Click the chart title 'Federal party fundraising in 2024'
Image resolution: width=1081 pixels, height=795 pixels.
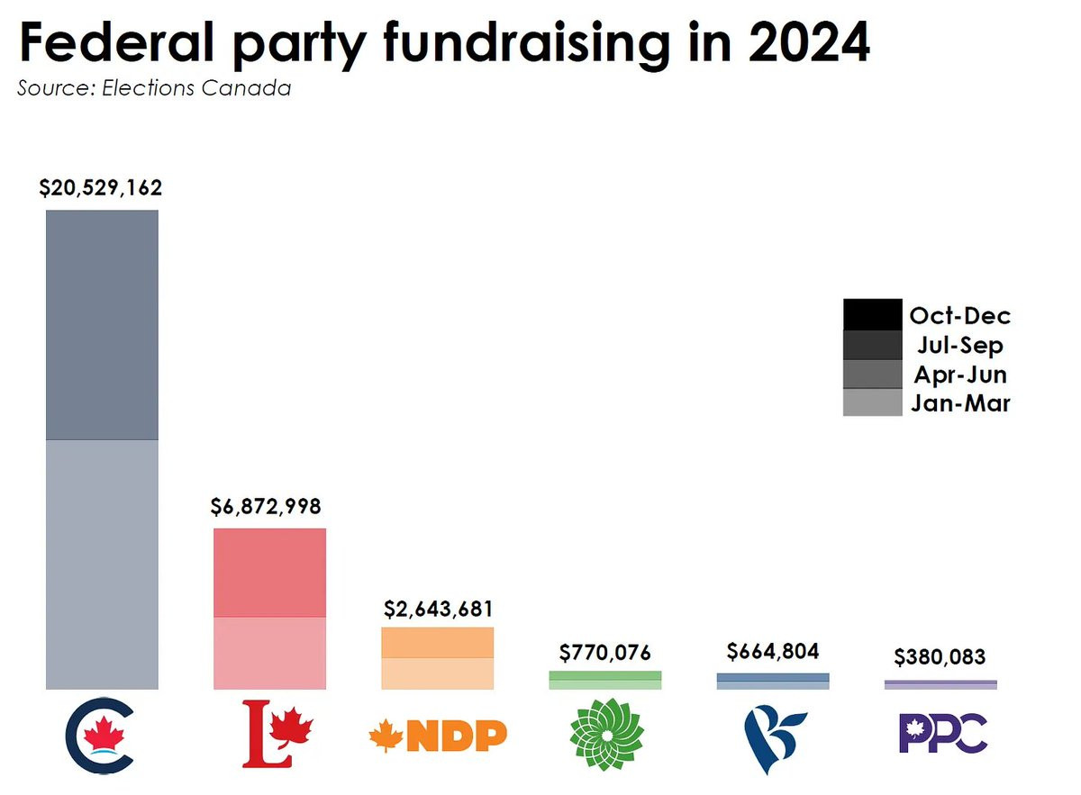pos(444,43)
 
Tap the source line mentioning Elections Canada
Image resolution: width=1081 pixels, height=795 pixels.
pos(154,89)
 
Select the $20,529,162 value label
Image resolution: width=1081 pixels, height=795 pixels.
pos(101,188)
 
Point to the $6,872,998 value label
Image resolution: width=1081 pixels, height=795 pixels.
pos(266,506)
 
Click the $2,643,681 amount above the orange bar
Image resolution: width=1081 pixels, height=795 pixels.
pos(438,609)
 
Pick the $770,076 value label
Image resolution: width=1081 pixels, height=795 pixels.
pos(604,652)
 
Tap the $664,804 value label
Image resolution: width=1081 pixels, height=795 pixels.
pos(773,651)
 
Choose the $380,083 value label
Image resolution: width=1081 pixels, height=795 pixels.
pos(940,657)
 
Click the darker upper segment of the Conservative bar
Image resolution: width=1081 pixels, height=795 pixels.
pos(103,325)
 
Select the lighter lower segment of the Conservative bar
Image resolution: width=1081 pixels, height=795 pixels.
pos(103,565)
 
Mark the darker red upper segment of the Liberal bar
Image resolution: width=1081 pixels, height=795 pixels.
pos(269,573)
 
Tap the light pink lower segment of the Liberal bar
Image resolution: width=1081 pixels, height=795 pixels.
pos(269,653)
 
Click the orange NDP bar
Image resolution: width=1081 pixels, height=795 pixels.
pos(438,658)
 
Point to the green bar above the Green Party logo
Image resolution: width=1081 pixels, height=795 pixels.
pos(605,680)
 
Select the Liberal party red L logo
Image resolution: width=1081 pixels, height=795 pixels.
pos(277,735)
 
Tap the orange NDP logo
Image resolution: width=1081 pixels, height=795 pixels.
pos(438,736)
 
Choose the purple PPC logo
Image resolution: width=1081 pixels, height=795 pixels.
pos(943,734)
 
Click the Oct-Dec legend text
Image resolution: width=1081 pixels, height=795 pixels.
pos(959,316)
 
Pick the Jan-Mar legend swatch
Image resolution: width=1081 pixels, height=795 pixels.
pos(872,402)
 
